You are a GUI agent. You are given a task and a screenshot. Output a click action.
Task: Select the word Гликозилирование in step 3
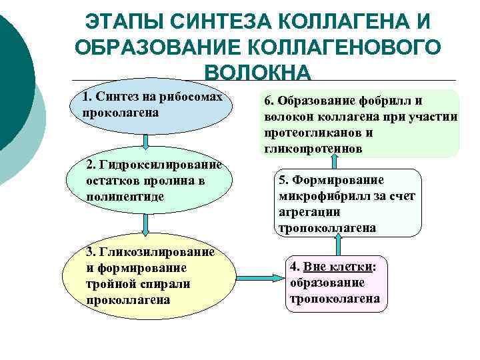(155, 252)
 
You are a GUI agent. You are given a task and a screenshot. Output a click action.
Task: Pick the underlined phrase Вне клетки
(338, 267)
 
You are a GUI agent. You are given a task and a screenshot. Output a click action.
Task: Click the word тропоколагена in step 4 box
(335, 299)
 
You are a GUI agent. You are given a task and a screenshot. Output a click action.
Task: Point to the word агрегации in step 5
(310, 212)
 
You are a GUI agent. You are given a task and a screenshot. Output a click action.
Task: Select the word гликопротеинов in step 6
(313, 149)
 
